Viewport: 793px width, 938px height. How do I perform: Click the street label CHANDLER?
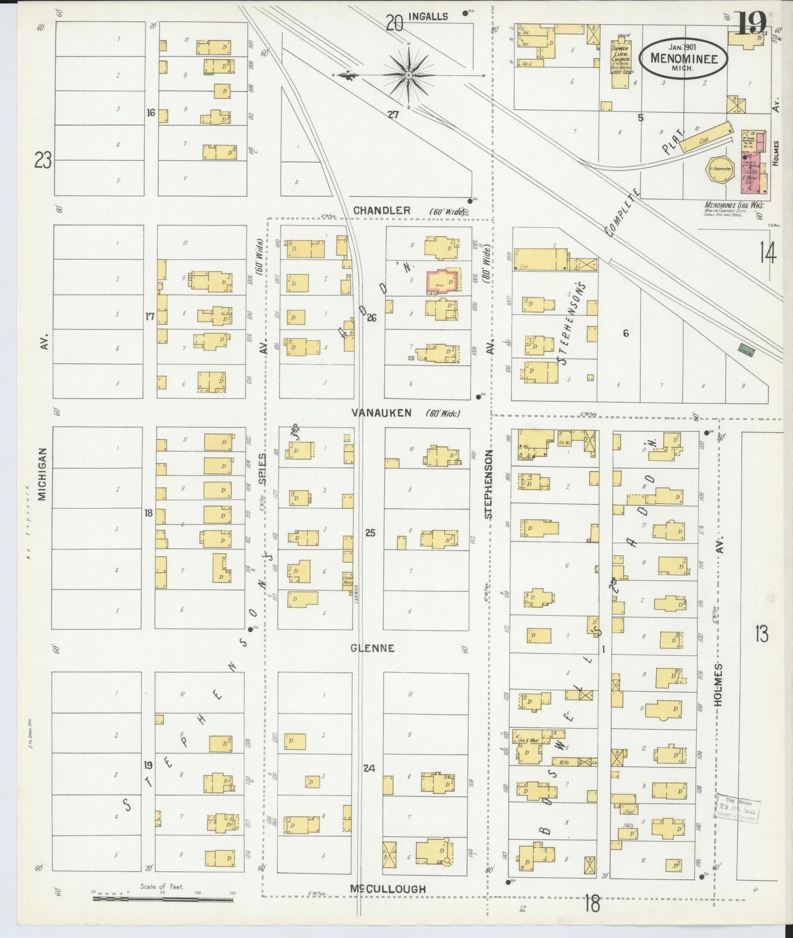pyautogui.click(x=381, y=211)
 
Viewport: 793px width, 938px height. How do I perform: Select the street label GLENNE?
pyautogui.click(x=373, y=648)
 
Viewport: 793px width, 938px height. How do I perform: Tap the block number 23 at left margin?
pyautogui.click(x=42, y=161)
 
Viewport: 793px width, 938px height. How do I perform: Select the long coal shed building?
pyautogui.click(x=706, y=137)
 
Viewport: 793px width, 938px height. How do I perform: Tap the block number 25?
pyautogui.click(x=370, y=532)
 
